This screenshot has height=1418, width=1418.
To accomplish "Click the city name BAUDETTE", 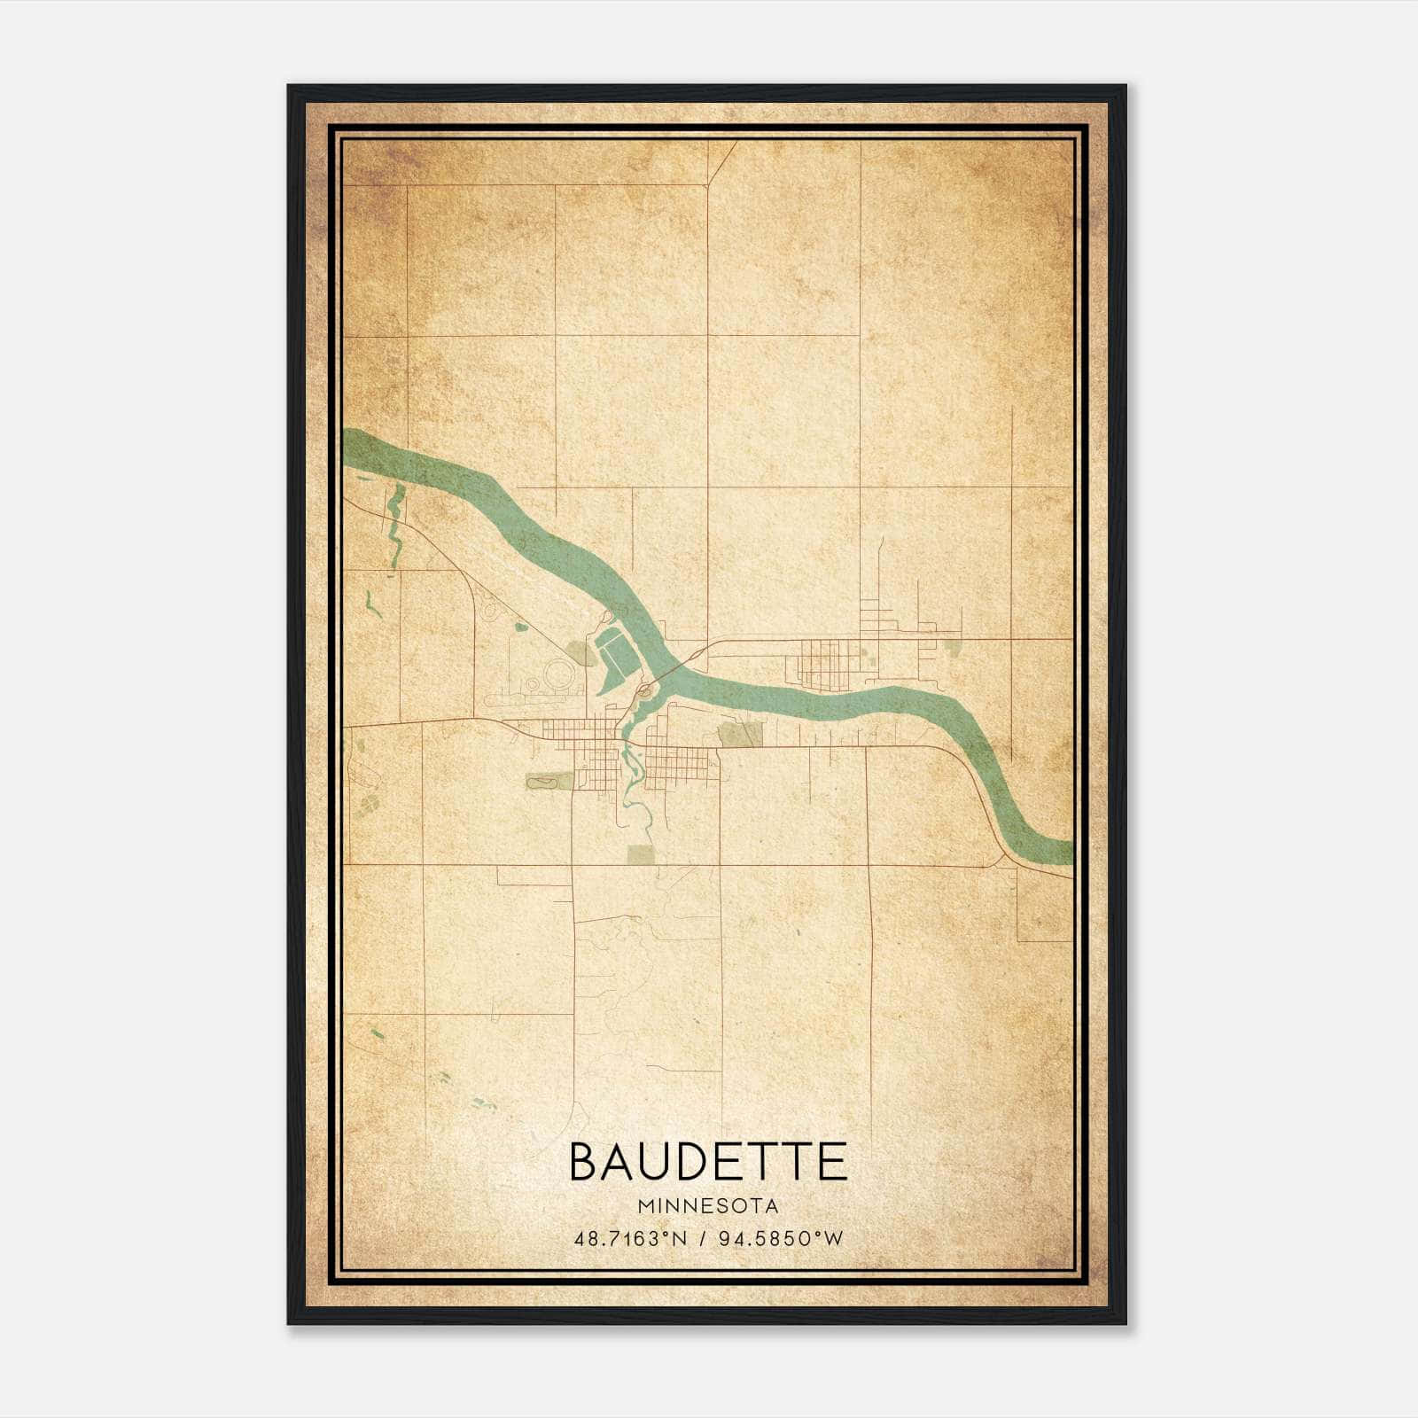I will coord(707,1162).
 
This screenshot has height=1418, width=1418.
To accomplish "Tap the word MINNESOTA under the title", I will coord(707,1206).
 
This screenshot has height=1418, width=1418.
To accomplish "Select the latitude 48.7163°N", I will coord(630,1238).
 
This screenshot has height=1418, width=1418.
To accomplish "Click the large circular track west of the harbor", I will coord(559,674).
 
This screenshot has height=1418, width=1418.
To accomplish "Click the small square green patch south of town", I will coord(640,854).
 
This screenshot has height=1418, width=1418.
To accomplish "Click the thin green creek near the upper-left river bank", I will coord(394,523).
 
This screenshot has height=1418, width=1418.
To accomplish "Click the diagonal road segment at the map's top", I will coord(721,164).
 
